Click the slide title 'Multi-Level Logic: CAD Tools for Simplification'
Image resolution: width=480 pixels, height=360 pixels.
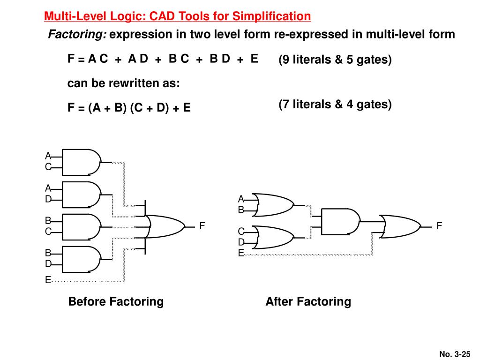pyautogui.click(x=177, y=17)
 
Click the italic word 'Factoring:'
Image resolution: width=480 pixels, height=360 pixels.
pyautogui.click(x=78, y=35)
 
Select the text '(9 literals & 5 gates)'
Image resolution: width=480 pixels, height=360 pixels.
pyautogui.click(x=335, y=60)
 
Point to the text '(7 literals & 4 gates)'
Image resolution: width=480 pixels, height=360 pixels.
pyautogui.click(x=335, y=104)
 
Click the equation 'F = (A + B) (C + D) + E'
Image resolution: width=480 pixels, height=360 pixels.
pyautogui.click(x=129, y=108)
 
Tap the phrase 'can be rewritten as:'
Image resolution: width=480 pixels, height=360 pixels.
pyautogui.click(x=124, y=83)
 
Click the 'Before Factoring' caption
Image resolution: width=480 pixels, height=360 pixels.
pyautogui.click(x=116, y=301)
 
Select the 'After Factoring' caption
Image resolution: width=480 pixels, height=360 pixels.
pyautogui.click(x=308, y=301)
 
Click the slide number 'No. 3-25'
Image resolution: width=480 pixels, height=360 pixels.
pyautogui.click(x=455, y=354)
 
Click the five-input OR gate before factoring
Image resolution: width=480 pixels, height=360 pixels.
pyautogui.click(x=164, y=226)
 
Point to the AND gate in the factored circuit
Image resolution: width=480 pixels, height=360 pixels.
pyautogui.click(x=340, y=221)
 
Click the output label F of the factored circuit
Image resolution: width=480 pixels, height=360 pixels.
pyautogui.click(x=439, y=226)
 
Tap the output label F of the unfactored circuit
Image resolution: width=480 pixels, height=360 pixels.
pyautogui.click(x=202, y=226)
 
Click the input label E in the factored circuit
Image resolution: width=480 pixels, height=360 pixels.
pyautogui.click(x=241, y=253)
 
